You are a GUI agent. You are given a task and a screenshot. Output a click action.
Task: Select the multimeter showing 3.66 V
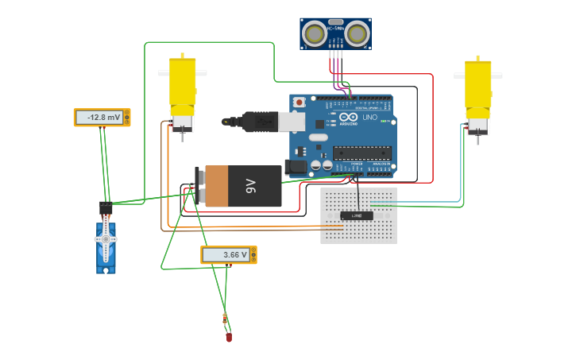point(228,254)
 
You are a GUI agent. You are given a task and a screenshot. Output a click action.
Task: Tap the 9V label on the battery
point(250,186)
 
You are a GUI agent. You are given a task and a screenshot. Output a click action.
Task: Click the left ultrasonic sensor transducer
point(315,34)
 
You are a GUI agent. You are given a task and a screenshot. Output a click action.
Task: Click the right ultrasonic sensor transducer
point(357,34)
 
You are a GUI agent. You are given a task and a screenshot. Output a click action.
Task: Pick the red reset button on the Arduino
point(299,103)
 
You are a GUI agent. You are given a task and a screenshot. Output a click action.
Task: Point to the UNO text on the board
point(369,117)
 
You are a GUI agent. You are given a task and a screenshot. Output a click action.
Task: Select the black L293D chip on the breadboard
point(357,215)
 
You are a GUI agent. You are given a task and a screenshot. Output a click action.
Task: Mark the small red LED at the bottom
point(229,338)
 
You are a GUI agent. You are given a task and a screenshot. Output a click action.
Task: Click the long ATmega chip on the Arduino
point(361,153)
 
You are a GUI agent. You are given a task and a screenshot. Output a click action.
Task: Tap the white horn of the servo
point(106,238)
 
